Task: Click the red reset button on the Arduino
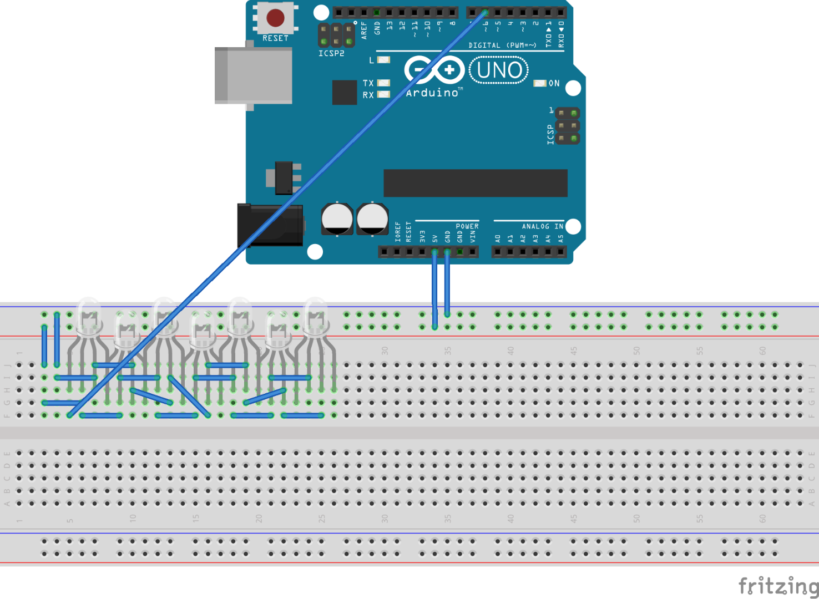pyautogui.click(x=275, y=18)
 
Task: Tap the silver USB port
pyautogui.click(x=254, y=75)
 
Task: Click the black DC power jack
pyautogui.click(x=270, y=225)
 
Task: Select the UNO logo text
pyautogui.click(x=499, y=70)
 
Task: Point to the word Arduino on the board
pyautogui.click(x=433, y=93)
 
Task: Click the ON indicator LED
pyautogui.click(x=539, y=83)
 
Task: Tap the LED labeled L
pyautogui.click(x=383, y=60)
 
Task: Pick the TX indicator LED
pyautogui.click(x=383, y=83)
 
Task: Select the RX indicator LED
pyautogui.click(x=383, y=95)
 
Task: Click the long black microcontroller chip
pyautogui.click(x=475, y=183)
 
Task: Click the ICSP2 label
pyautogui.click(x=331, y=53)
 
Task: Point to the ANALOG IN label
pyautogui.click(x=542, y=226)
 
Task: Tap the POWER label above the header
pyautogui.click(x=467, y=226)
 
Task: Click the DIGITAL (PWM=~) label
pyautogui.click(x=502, y=45)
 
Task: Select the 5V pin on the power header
pyautogui.click(x=434, y=252)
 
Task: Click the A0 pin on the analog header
pyautogui.click(x=497, y=252)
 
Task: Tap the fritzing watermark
pyautogui.click(x=778, y=586)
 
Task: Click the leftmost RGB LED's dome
pyautogui.click(x=89, y=315)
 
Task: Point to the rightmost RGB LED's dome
pyautogui.click(x=315, y=314)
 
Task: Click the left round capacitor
pyautogui.click(x=337, y=219)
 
